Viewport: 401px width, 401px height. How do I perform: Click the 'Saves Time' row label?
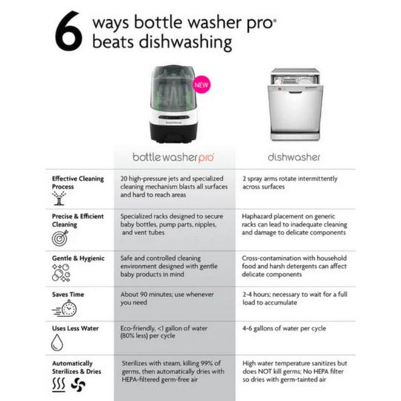click(68, 294)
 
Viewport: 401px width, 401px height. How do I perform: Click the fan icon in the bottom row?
click(78, 384)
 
